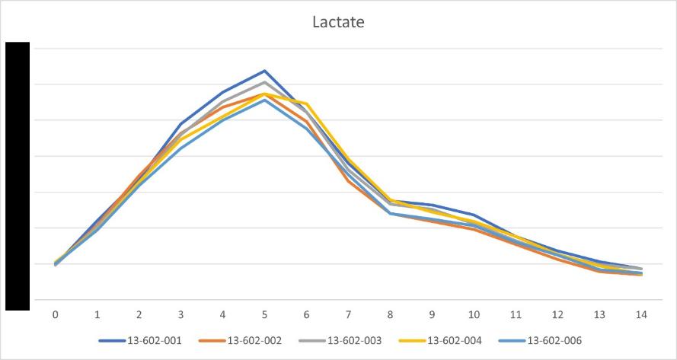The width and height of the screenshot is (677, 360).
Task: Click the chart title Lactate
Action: coord(338,22)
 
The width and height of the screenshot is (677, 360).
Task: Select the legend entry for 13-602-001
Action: coord(140,341)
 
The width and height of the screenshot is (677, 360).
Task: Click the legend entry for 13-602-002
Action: coord(240,341)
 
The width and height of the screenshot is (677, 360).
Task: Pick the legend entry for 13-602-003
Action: coord(340,341)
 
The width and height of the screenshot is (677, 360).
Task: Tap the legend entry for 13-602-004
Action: coord(440,341)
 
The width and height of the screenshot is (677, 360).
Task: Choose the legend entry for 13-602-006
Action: coord(540,341)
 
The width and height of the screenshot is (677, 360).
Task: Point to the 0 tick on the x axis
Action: coord(56,315)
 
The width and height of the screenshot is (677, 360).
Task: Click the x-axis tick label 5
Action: coord(265,315)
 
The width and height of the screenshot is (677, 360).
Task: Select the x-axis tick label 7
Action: coord(349,315)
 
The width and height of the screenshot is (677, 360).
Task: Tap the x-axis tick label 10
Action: coord(474,315)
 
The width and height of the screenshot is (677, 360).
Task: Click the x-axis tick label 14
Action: coord(642,315)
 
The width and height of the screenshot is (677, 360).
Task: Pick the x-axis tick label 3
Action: coord(181,315)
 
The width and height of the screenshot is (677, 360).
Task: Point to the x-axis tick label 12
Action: coord(558,315)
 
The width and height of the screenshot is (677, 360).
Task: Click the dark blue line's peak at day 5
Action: coord(265,70)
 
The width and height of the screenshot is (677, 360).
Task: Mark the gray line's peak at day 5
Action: coord(265,81)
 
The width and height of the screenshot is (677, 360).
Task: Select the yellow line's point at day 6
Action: coord(307,104)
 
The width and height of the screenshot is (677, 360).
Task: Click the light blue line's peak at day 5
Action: coord(265,100)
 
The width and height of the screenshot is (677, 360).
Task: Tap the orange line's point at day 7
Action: coord(349,181)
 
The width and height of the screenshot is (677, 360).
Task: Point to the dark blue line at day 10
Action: coord(474,215)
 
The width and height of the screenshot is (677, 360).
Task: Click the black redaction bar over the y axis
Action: coord(18,176)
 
